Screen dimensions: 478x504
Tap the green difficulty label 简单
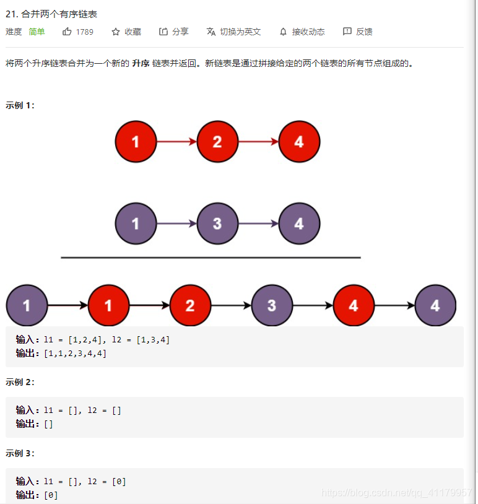pos(37,32)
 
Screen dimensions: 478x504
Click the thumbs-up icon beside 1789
pos(67,32)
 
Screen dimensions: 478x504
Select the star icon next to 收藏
pos(116,32)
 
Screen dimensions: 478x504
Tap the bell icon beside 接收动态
pos(283,32)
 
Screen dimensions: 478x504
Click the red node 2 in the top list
pos(217,142)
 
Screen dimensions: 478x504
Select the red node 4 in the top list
pos(299,142)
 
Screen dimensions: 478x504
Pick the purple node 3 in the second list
pos(217,224)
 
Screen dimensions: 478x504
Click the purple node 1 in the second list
pos(136,224)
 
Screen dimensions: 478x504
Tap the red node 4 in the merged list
pos(354,305)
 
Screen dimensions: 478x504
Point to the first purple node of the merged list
pos(27,305)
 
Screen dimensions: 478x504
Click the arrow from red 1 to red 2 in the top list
pos(176,142)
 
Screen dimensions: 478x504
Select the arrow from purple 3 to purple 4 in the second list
pos(258,224)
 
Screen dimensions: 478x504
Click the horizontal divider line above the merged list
pos(211,257)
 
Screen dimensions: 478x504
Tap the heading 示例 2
pos(20,382)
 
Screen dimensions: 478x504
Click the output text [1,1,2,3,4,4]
pos(75,353)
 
